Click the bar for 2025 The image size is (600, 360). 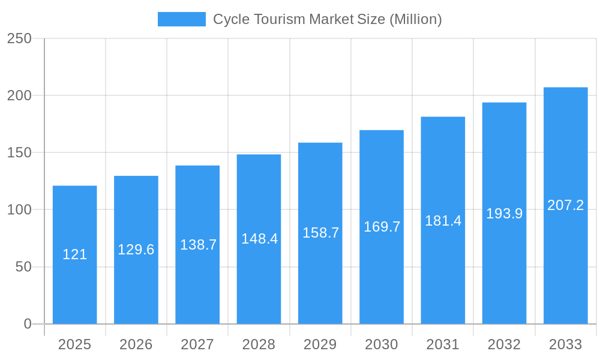[x=74, y=282]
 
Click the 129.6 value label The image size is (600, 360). [x=136, y=250]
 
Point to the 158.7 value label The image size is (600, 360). [x=320, y=233]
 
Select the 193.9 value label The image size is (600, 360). [x=504, y=214]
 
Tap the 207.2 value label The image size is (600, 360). [x=565, y=205]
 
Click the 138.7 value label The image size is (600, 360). [x=198, y=245]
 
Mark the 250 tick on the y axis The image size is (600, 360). [x=19, y=38]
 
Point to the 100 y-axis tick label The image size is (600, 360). [x=19, y=210]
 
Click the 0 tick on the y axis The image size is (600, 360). [x=28, y=324]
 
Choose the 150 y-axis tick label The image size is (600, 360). [x=19, y=152]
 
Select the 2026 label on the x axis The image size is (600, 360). [x=136, y=344]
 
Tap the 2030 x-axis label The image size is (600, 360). [x=382, y=344]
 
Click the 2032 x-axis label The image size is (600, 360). [x=504, y=344]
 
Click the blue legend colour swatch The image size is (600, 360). [x=181, y=19]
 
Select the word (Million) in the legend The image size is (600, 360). [x=415, y=19]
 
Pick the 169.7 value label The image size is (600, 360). [x=382, y=227]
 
